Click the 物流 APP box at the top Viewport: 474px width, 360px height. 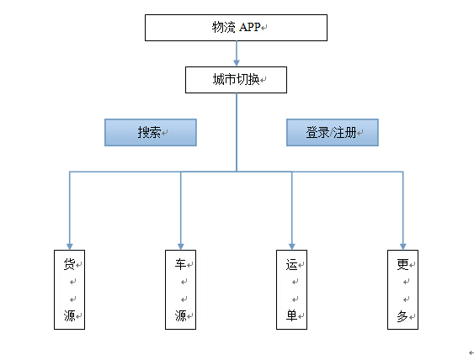236,28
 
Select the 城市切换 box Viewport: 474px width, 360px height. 236,80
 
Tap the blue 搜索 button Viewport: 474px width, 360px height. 151,132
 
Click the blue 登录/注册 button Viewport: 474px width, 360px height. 333,132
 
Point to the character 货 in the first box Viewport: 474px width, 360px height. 69,264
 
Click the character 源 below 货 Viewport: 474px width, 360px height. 69,315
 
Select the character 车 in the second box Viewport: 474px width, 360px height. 180,264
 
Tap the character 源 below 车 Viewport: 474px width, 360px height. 180,315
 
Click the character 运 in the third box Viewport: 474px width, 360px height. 291,264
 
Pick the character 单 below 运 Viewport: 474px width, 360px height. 291,315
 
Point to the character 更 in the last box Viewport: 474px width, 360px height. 403,264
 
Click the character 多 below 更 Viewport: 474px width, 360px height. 403,316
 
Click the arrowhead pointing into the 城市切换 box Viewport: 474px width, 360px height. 237,63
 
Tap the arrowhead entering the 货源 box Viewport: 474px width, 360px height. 70,246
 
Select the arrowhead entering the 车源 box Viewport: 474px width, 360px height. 181,246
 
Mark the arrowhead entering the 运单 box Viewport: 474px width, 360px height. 291,246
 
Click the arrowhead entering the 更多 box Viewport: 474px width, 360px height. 403,246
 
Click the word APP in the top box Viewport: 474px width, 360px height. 250,27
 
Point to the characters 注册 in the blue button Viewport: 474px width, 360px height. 345,132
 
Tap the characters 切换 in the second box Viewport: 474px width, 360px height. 248,79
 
